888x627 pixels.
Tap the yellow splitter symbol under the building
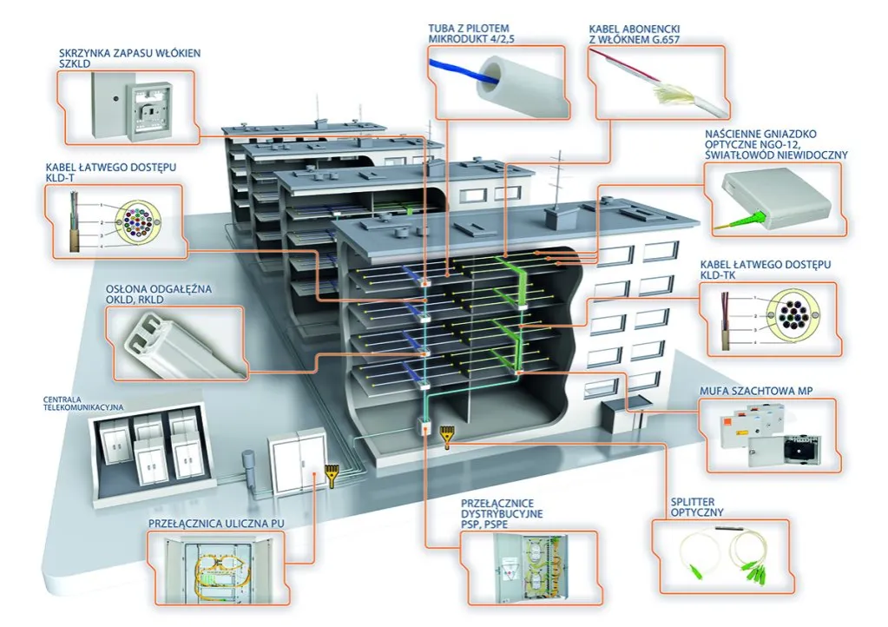(447, 433)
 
